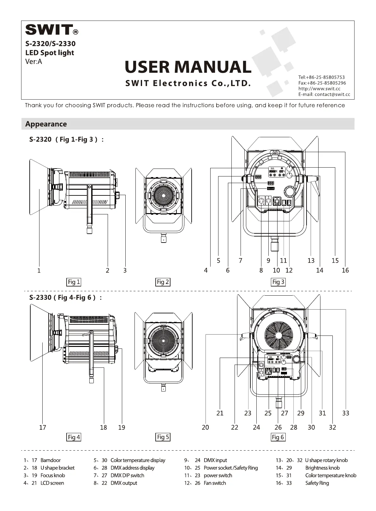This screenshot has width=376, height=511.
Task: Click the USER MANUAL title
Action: (x=188, y=67)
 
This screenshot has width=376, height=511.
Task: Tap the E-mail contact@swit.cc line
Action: (x=324, y=94)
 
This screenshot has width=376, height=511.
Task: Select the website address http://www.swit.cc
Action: (x=319, y=89)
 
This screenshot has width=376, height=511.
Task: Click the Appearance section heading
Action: (x=46, y=124)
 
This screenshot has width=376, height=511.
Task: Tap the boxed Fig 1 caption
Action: (x=74, y=282)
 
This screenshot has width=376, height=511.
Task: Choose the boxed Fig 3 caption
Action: (x=278, y=282)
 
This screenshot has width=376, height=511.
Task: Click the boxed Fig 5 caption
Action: (x=163, y=437)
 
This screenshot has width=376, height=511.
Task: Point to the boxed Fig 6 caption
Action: (x=278, y=437)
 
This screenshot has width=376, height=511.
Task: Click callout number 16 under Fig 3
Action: (x=345, y=270)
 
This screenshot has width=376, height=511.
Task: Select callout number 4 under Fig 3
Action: (x=206, y=270)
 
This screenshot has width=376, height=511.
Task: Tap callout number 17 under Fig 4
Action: (x=43, y=427)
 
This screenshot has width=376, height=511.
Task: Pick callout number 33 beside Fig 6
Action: (x=346, y=413)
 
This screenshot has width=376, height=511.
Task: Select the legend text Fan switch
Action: (x=215, y=483)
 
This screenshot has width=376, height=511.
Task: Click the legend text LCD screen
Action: (x=52, y=483)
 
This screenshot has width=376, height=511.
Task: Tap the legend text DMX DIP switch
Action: (x=127, y=475)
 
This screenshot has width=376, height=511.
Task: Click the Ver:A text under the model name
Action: (x=33, y=61)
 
